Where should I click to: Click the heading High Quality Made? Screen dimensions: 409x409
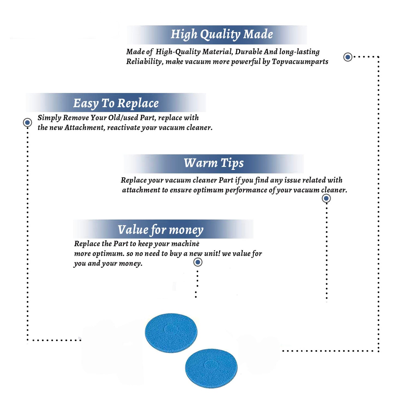222,35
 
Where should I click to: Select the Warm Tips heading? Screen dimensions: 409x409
214,163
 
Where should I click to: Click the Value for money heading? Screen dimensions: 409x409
161,230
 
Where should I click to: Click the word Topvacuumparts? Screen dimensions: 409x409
300,62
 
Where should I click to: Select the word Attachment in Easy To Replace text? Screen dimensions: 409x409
85,128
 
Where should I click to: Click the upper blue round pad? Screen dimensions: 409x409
171,333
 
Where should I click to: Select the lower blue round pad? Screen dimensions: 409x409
211,368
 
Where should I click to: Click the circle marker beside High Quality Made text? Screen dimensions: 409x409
348,57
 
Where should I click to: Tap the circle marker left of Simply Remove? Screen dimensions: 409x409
27,122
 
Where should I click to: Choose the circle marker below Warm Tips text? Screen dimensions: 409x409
326,198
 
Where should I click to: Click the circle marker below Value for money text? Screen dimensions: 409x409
198,262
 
